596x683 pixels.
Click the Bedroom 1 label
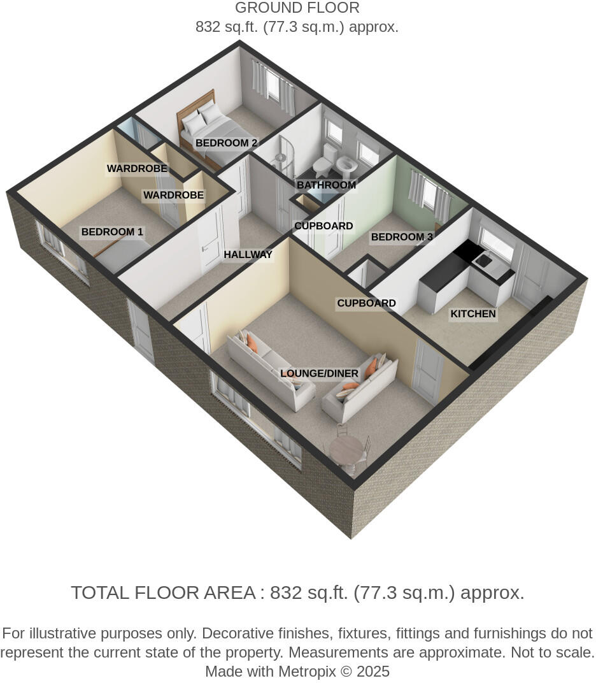tap(112, 232)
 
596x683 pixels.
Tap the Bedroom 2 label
tap(226, 143)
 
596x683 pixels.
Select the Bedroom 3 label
tap(402, 237)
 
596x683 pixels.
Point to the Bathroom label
tap(325, 185)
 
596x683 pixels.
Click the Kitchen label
tap(472, 313)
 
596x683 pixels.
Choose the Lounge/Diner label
tap(319, 373)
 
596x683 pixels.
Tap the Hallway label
tap(248, 255)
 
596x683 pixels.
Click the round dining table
tap(346, 450)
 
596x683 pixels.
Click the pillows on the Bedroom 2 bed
tap(202, 115)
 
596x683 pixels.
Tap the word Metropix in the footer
tap(306, 672)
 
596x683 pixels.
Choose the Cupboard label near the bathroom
tap(323, 226)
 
